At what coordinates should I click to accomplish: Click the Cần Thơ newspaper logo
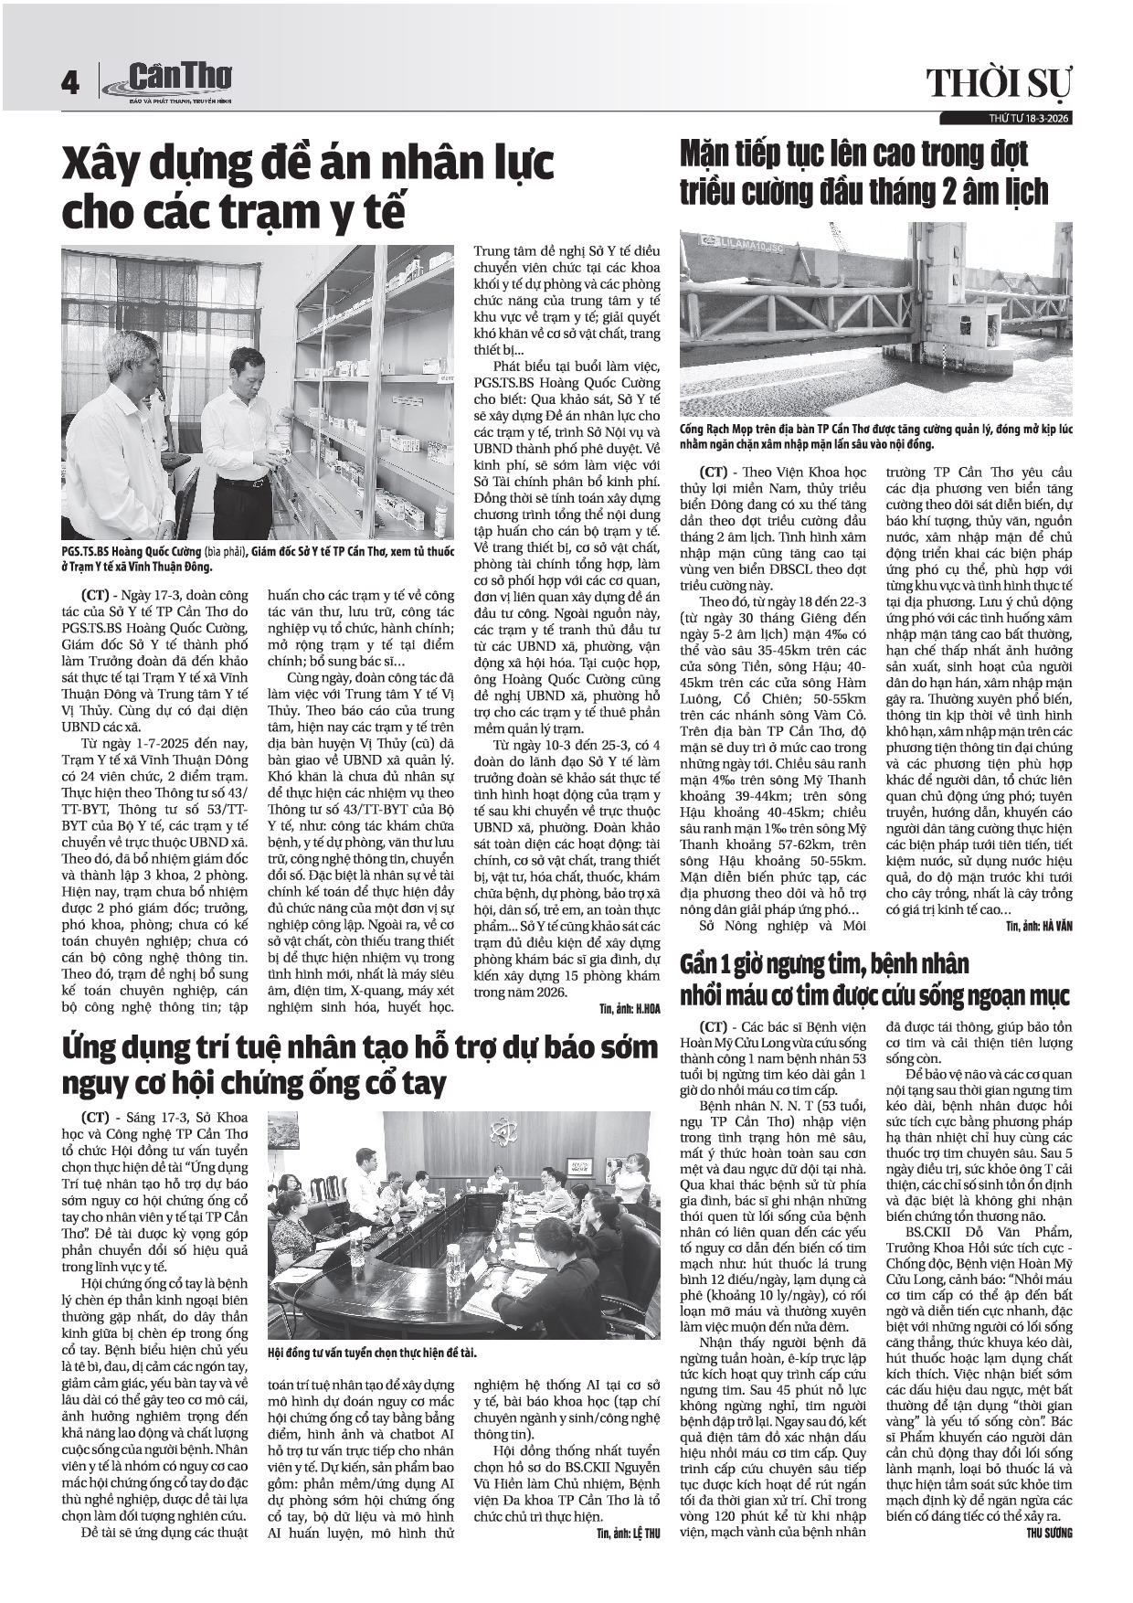pos(170,80)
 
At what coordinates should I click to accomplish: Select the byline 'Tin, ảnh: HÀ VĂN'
pos(1039,926)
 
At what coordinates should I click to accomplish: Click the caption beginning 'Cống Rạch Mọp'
pos(876,436)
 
